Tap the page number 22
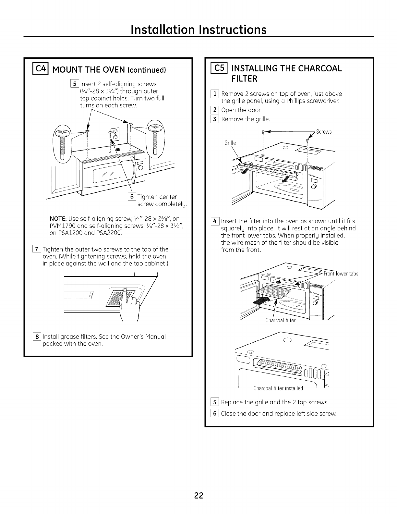[x=198, y=496]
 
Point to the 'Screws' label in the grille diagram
[x=323, y=132]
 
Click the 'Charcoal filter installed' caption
[x=278, y=388]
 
